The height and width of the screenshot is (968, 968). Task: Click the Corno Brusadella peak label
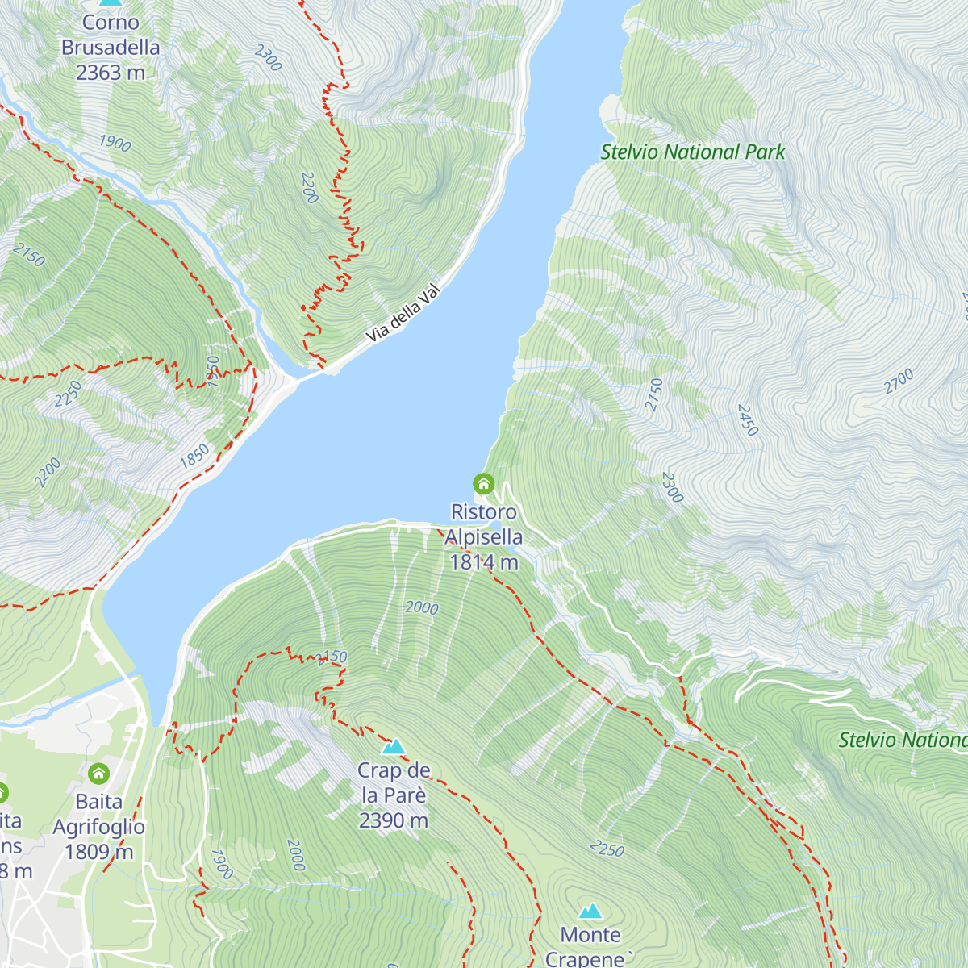[111, 48]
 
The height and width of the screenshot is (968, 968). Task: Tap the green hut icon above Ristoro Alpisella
[483, 484]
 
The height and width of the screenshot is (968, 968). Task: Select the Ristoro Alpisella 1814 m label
[484, 537]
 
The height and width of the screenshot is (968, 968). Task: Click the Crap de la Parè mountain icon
[394, 746]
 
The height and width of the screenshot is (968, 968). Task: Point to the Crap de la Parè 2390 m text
[394, 795]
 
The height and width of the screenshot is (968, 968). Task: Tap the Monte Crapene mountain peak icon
[590, 911]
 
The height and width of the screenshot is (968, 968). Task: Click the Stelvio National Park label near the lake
[693, 152]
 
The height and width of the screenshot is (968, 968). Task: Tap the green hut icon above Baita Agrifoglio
[98, 774]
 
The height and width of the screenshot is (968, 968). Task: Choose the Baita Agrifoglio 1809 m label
[99, 827]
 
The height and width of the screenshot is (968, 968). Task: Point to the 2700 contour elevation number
[899, 381]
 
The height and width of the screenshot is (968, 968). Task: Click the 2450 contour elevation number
[748, 420]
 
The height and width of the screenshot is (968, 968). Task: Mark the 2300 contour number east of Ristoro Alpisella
[672, 487]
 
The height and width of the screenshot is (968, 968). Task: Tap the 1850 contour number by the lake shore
[194, 457]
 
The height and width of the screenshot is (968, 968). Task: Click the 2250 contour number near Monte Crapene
[607, 849]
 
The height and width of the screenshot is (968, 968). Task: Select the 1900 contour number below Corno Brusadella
[115, 144]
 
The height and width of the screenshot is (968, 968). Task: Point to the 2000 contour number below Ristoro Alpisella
[422, 608]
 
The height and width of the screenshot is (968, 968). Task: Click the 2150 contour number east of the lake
[654, 394]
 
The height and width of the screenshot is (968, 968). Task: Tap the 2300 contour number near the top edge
[269, 57]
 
